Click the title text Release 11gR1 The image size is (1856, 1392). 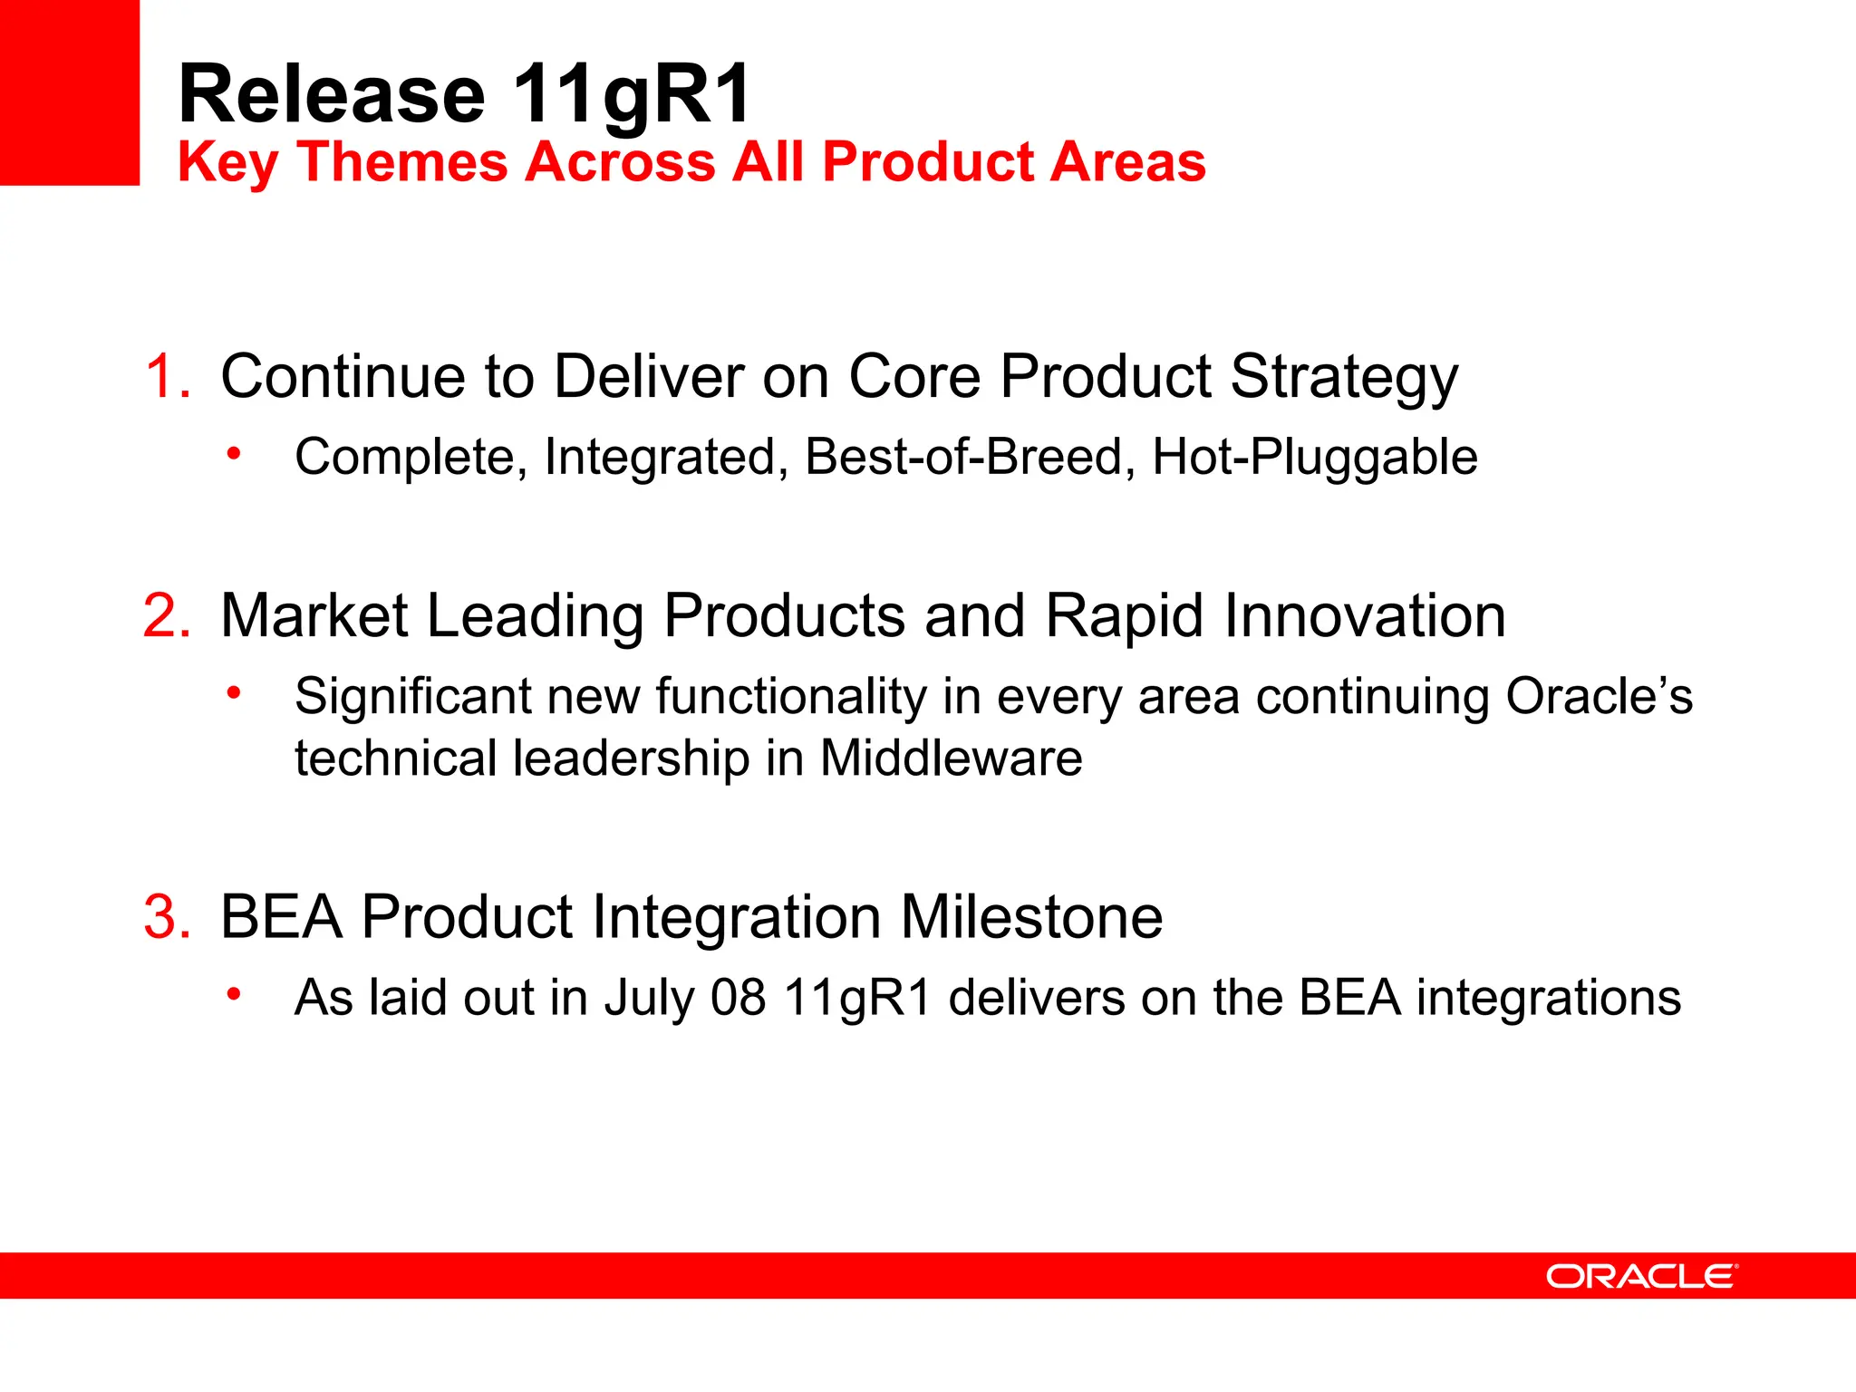(464, 94)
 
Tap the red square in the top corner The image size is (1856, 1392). (69, 92)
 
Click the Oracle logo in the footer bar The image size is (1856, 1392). (1641, 1276)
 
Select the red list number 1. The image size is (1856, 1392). (169, 376)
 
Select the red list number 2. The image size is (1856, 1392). (167, 616)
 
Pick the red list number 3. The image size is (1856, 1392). (168, 917)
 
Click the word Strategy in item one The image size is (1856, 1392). (1344, 376)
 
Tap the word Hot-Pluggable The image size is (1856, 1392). (1314, 457)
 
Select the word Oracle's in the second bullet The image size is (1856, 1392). (1599, 697)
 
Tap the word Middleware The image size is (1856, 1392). (951, 758)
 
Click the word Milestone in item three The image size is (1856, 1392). (1031, 917)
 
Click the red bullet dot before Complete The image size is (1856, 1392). (234, 452)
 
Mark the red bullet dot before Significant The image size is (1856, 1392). (234, 692)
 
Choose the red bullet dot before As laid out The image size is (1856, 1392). (234, 994)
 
